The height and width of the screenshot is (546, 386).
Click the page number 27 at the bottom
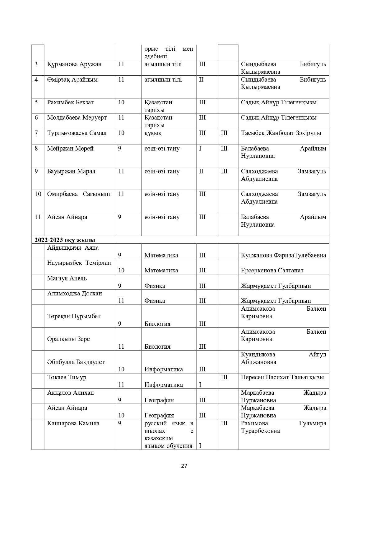tap(184, 466)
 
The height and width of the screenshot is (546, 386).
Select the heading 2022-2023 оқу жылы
tap(65, 240)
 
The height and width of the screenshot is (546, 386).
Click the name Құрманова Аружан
tap(74, 64)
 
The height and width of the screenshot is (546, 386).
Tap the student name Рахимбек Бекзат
tap(70, 102)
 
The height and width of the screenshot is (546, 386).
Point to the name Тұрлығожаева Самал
tap(77, 133)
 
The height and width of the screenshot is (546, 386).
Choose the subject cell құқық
tap(153, 133)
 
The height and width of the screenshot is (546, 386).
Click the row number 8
tap(36, 148)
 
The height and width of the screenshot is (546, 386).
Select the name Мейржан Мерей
tap(70, 148)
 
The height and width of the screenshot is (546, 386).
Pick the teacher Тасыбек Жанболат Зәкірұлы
tap(281, 133)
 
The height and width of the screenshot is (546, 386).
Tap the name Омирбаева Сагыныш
tap(78, 194)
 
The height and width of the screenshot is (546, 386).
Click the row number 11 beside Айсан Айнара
tap(38, 217)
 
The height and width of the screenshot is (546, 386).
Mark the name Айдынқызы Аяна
tap(73, 248)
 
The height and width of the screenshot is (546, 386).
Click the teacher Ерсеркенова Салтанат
tap(272, 271)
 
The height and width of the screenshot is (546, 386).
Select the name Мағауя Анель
tap(67, 278)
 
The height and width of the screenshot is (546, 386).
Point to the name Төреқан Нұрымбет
tap(74, 316)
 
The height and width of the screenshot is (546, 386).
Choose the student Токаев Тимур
tap(67, 377)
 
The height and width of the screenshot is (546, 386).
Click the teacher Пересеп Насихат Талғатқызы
tap(282, 377)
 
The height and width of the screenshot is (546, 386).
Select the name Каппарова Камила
tap(73, 423)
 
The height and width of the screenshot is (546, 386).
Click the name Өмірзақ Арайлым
tap(72, 80)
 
